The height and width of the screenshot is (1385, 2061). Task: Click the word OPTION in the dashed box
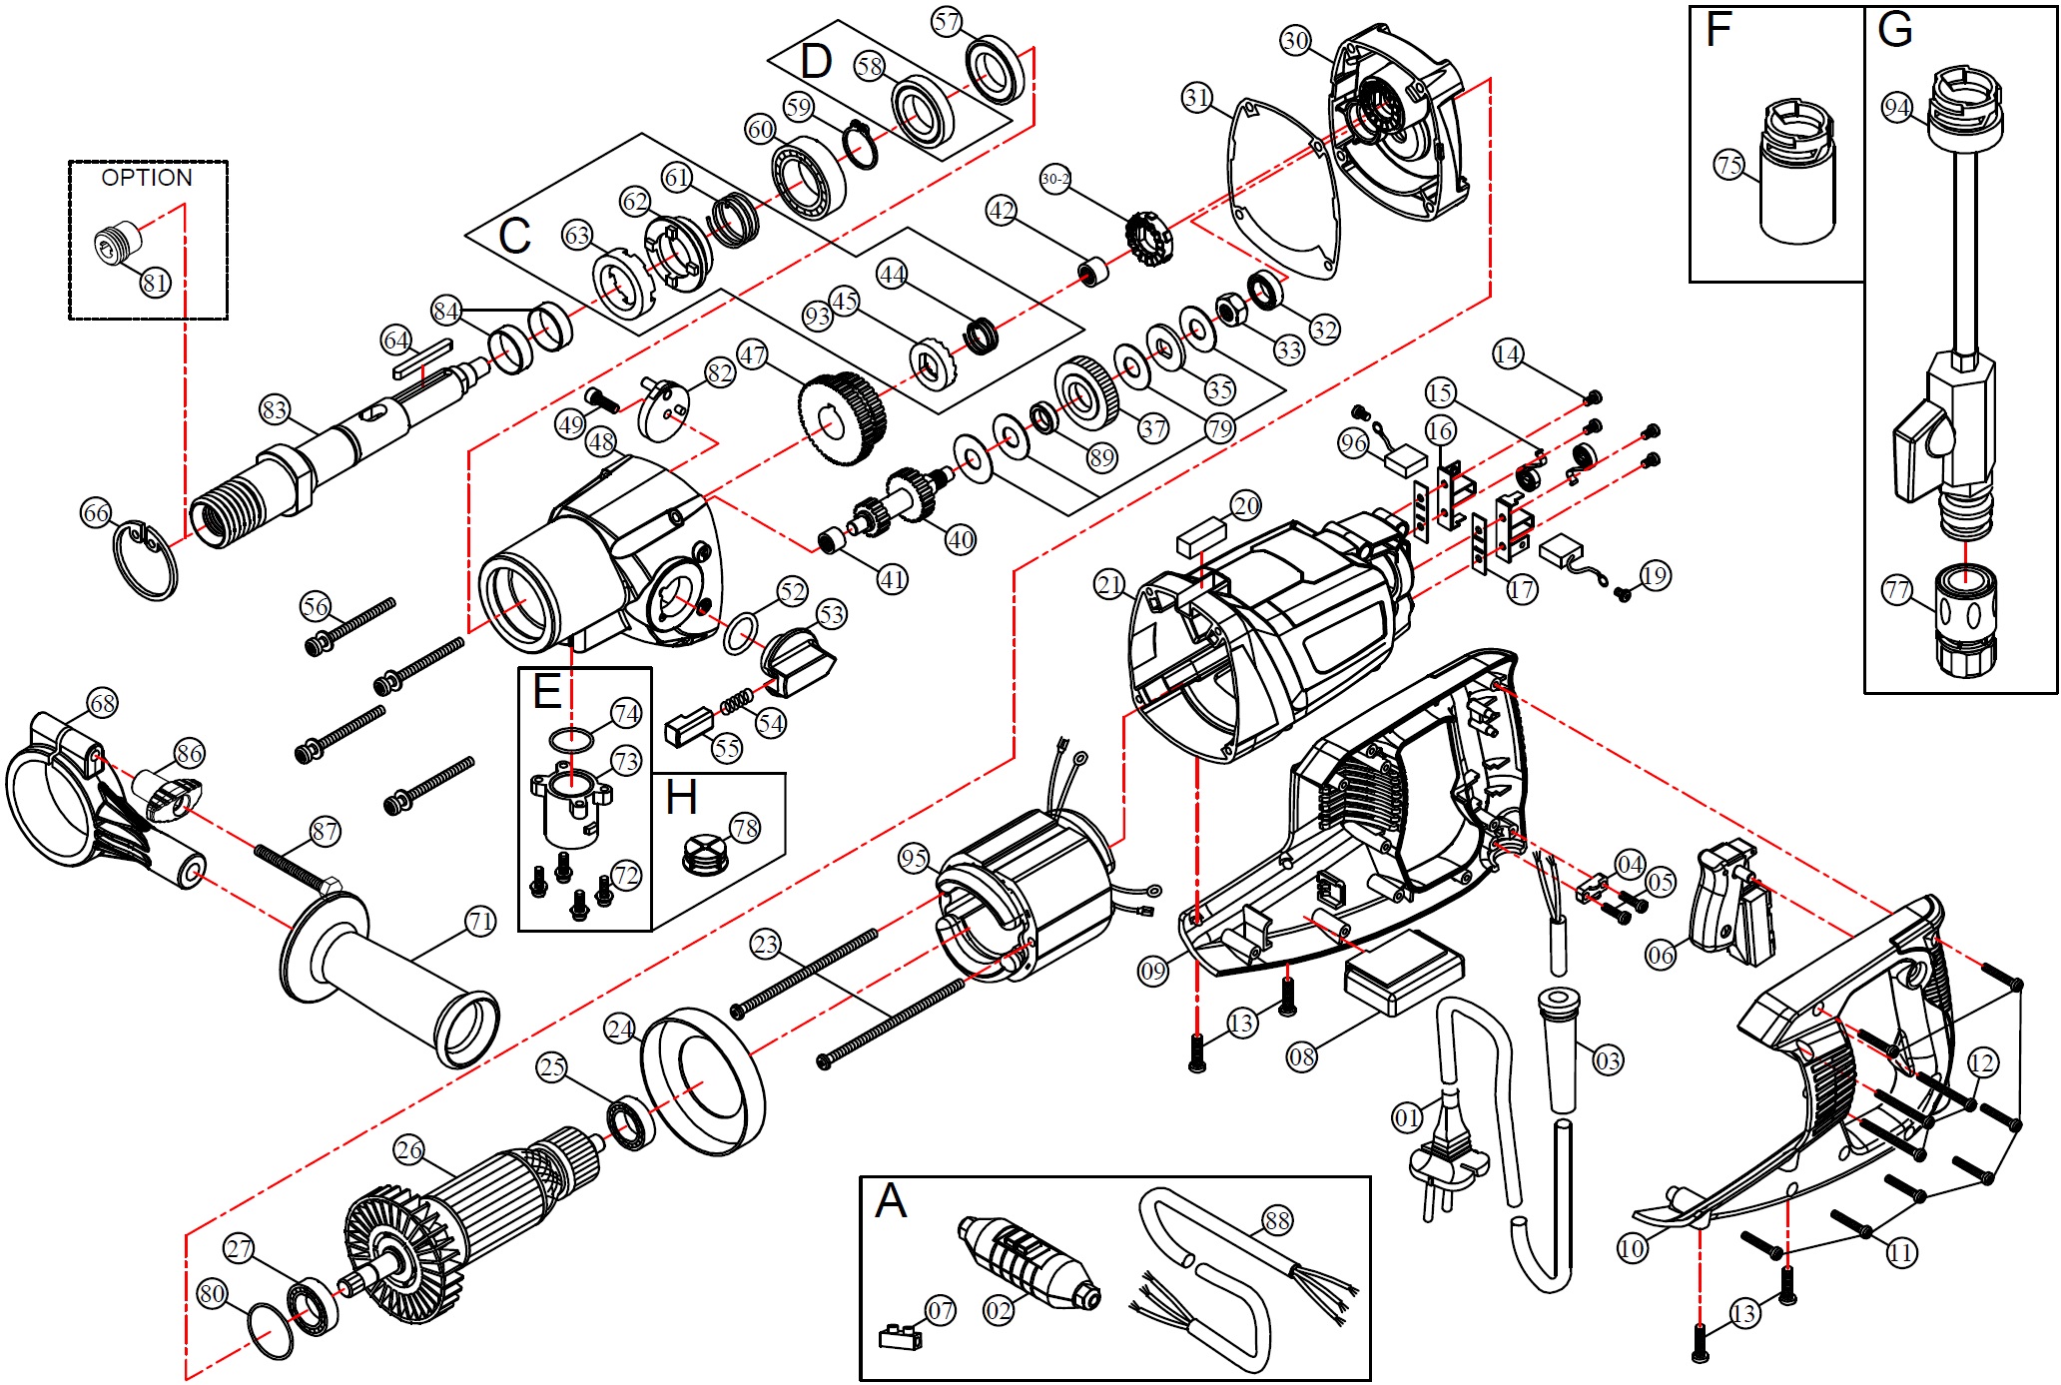point(147,178)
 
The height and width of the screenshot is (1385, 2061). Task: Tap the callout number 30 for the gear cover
point(1295,41)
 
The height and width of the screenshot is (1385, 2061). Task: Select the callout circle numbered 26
point(409,1150)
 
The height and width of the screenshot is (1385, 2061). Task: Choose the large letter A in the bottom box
point(890,1201)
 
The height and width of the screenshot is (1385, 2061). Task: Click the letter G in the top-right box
point(1894,30)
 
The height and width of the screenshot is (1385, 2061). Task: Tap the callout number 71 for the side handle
point(480,921)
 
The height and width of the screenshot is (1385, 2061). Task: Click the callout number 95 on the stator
point(914,858)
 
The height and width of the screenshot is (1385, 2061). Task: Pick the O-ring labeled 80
point(271,1330)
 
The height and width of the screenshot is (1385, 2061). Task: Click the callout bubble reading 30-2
point(1055,180)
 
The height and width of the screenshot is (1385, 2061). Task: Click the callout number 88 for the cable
point(1277,1219)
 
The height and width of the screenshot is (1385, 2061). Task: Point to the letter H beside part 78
point(681,799)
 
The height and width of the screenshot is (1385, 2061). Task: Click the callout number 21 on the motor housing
point(1109,584)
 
